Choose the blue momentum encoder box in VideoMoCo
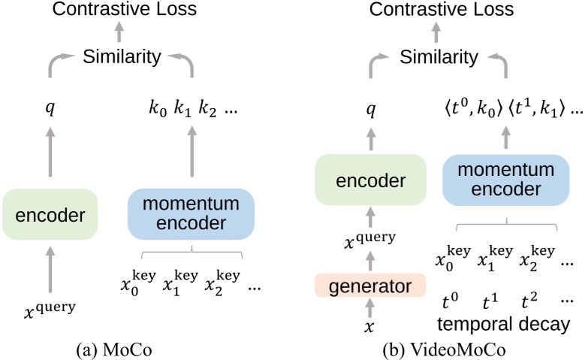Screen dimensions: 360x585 tap(505, 180)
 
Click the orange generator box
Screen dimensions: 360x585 tap(369, 285)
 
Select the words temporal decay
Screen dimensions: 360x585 tap(501, 323)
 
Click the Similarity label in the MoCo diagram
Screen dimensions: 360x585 tap(122, 57)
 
